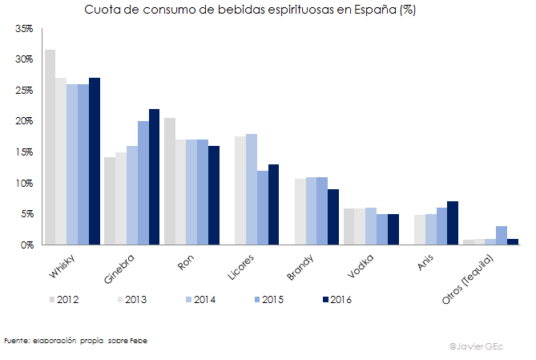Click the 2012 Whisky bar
50,148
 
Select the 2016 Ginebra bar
155,177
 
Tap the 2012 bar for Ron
170,181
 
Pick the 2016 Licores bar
274,204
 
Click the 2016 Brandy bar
333,216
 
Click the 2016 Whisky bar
95,161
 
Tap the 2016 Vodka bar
393,229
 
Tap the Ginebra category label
120,266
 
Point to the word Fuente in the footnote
18,340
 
